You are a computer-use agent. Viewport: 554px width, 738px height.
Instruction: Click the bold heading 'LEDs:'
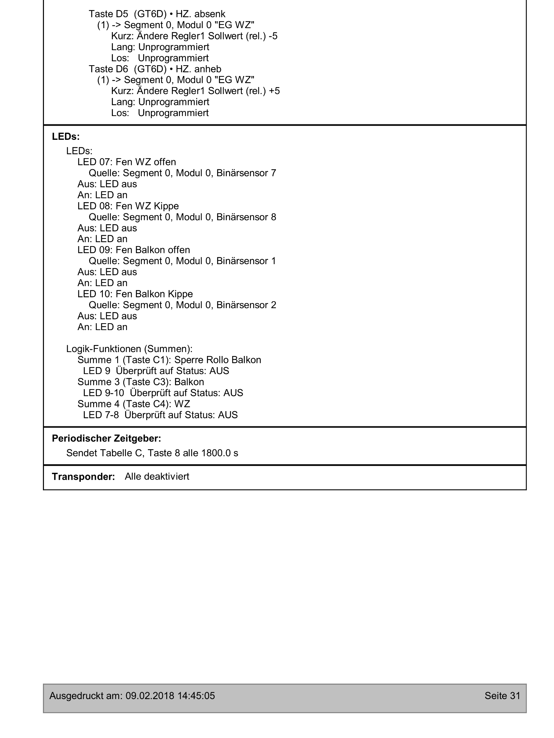click(66, 137)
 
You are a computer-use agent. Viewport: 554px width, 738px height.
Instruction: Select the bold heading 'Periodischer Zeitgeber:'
click(106, 439)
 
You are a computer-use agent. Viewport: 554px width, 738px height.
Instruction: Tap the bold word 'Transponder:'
click(83, 477)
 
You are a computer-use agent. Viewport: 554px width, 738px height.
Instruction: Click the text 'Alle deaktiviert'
click(157, 477)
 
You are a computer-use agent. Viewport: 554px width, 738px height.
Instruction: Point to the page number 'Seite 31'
click(502, 696)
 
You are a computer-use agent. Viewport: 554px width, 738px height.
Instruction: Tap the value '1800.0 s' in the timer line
click(219, 453)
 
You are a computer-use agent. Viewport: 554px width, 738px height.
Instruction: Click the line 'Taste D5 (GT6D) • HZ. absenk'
click(157, 14)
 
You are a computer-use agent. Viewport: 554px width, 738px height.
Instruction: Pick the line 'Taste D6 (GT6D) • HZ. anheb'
click(155, 69)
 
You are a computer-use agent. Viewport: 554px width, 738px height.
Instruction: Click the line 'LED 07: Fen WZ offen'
click(127, 162)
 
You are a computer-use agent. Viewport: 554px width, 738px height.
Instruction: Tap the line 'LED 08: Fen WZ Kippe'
click(128, 206)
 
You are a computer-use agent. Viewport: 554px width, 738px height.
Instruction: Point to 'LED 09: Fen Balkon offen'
click(133, 250)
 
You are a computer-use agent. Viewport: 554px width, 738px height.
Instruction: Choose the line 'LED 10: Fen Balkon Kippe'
click(135, 294)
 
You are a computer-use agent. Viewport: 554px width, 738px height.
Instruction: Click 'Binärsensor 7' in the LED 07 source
click(246, 173)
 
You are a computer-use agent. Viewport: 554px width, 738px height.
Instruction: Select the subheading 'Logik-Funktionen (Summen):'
click(129, 349)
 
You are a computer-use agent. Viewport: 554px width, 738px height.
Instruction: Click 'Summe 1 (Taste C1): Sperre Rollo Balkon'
click(169, 360)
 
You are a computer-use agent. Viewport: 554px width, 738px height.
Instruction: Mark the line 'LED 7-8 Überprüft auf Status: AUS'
click(160, 415)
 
